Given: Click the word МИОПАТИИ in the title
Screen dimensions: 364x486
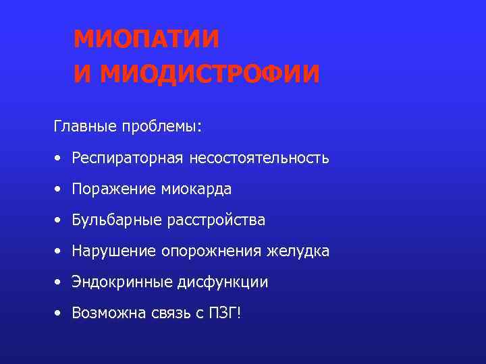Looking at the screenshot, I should coord(146,39).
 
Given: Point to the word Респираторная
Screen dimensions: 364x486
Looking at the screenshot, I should coord(128,158).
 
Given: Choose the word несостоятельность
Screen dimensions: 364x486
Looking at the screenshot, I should coord(259,158).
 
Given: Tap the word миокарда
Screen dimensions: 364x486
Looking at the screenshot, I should coord(196,189).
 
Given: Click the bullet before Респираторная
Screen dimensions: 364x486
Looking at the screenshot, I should coord(59,159).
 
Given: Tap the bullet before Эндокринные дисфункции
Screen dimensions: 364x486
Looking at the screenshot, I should coord(59,283).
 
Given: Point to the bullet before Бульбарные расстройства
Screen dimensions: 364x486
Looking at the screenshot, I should coord(59,221).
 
